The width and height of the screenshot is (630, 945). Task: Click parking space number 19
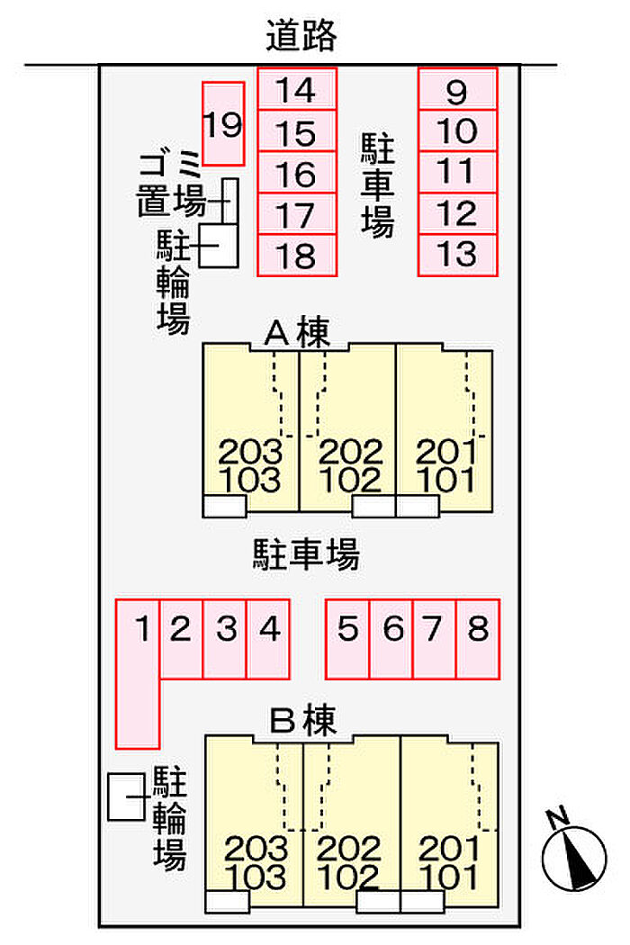tap(223, 123)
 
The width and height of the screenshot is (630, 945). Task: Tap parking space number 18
tap(297, 255)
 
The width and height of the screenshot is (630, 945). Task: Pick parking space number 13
tap(457, 255)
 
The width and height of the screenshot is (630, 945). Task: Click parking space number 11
tap(457, 172)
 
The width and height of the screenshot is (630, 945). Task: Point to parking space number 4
tap(268, 639)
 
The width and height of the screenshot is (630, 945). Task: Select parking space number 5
tap(347, 639)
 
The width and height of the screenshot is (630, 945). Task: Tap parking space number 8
tap(478, 639)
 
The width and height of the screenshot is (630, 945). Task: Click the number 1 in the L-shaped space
tap(143, 628)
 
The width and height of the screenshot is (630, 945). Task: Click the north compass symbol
tap(574, 857)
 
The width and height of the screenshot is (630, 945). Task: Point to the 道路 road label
tap(301, 35)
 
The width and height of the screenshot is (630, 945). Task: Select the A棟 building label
tap(298, 333)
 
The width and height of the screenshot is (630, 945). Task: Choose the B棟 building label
tap(302, 720)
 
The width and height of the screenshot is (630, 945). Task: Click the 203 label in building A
tap(250, 452)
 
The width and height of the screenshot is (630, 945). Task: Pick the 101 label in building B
tap(450, 877)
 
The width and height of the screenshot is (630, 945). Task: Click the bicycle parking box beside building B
tap(127, 796)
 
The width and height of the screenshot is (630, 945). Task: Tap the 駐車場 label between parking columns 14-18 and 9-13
tap(378, 185)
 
